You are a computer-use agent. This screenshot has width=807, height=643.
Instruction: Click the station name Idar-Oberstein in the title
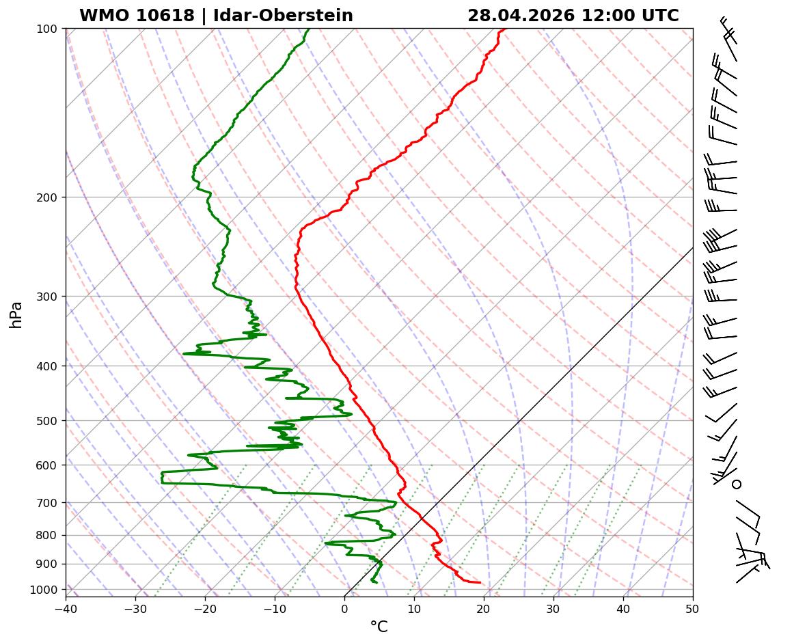(x=283, y=16)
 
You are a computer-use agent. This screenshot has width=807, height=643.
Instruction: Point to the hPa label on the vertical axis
(x=16, y=314)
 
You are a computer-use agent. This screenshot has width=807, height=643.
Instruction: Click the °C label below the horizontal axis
(x=379, y=627)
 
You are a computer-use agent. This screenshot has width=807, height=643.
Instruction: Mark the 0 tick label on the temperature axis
(x=344, y=606)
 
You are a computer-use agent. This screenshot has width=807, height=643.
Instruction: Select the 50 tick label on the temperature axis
(x=693, y=606)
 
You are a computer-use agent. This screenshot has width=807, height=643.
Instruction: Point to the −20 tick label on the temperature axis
(x=205, y=606)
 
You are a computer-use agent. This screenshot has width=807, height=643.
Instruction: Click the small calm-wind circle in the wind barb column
(x=737, y=484)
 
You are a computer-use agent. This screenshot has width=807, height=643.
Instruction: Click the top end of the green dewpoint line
(x=308, y=29)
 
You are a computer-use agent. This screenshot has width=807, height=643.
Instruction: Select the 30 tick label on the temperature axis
(x=553, y=606)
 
